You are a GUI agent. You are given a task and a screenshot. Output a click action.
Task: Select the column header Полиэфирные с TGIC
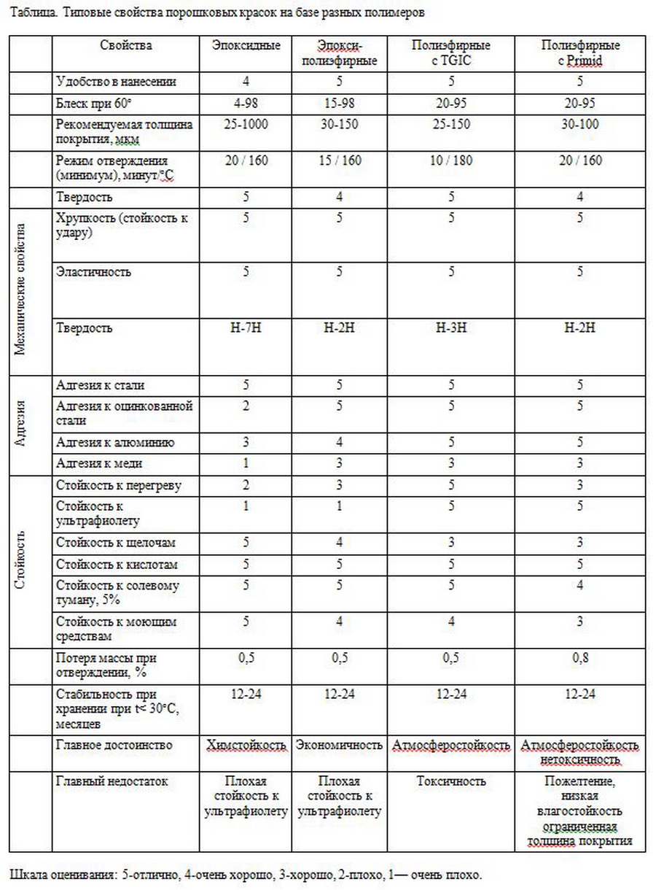tap(451, 53)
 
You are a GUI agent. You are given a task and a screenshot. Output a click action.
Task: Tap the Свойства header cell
tap(126, 46)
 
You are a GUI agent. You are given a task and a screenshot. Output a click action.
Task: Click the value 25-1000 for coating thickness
tap(246, 125)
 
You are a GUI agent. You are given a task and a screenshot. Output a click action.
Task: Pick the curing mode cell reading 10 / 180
tap(451, 161)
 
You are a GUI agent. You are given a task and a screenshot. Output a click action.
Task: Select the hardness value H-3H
tap(451, 328)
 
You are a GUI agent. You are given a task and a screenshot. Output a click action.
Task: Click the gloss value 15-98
tap(339, 103)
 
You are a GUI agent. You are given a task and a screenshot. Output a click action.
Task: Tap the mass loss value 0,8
tap(580, 658)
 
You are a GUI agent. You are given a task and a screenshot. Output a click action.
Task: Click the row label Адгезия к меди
tap(99, 463)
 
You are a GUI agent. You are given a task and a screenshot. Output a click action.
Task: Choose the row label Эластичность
tap(94, 272)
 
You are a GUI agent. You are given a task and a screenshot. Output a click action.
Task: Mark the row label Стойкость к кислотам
tap(117, 565)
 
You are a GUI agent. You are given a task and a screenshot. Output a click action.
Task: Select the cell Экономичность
tap(339, 746)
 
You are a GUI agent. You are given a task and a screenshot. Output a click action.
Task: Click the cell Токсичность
tap(451, 781)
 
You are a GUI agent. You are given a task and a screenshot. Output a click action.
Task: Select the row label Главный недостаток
tap(112, 781)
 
